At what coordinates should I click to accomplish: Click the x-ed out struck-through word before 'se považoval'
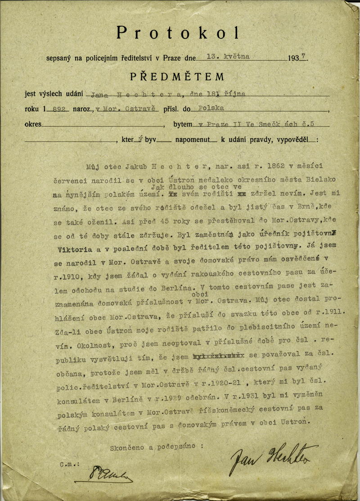[x=218, y=354]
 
